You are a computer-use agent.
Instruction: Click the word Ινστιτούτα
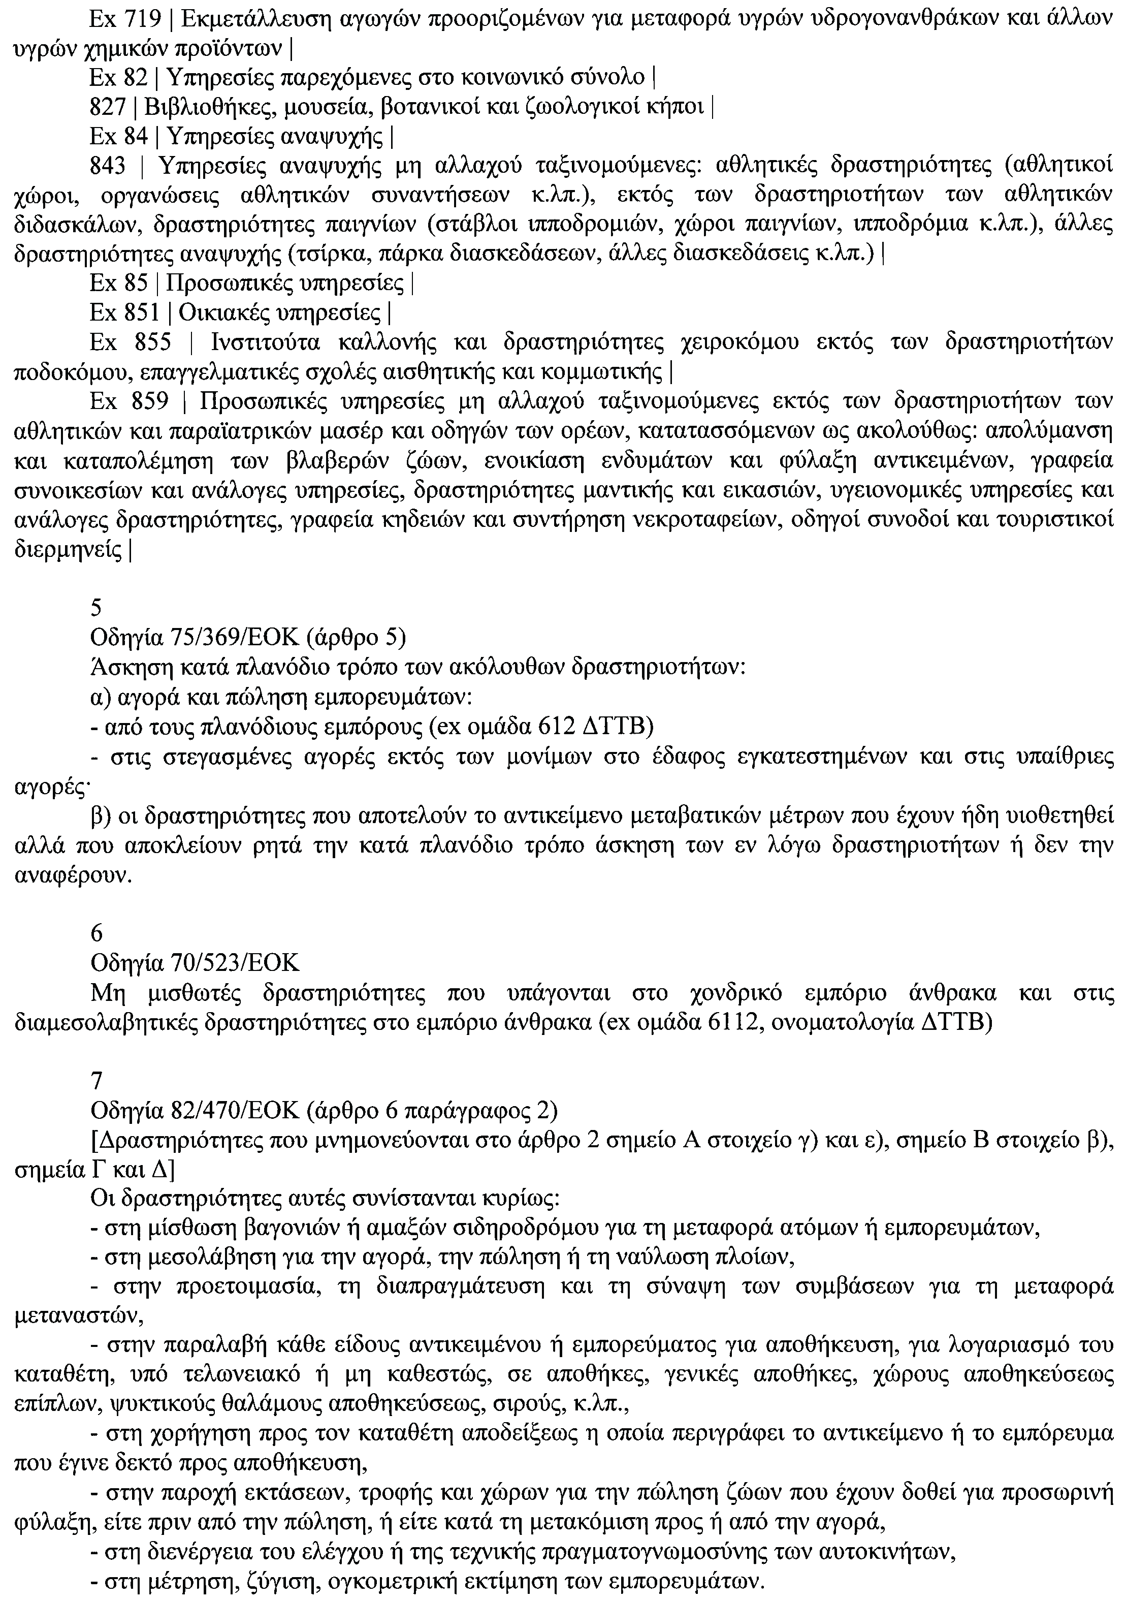point(262,342)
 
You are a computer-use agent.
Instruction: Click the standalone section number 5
point(97,608)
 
